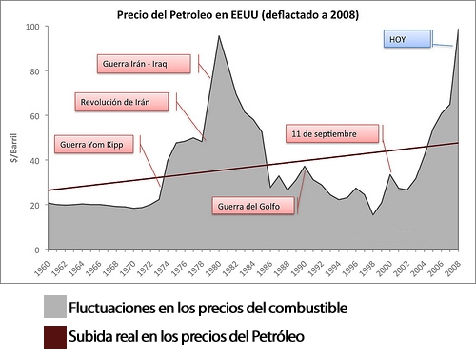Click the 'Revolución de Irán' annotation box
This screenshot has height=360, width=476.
click(x=123, y=101)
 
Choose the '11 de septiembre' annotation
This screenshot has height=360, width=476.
click(x=325, y=134)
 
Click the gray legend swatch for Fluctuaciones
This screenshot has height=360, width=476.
click(x=54, y=307)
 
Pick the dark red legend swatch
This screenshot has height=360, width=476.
click(x=54, y=336)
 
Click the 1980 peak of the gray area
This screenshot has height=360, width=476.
click(x=219, y=36)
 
